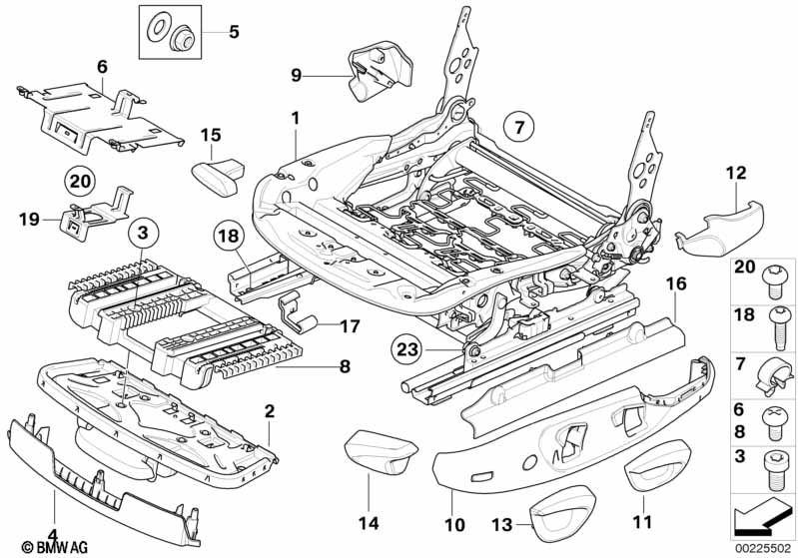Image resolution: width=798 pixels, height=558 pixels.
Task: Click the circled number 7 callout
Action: (519, 127)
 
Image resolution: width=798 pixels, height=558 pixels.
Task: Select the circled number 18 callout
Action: (228, 238)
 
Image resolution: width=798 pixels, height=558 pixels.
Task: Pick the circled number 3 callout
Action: (144, 233)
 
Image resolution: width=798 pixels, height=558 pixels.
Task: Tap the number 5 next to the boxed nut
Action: (234, 32)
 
